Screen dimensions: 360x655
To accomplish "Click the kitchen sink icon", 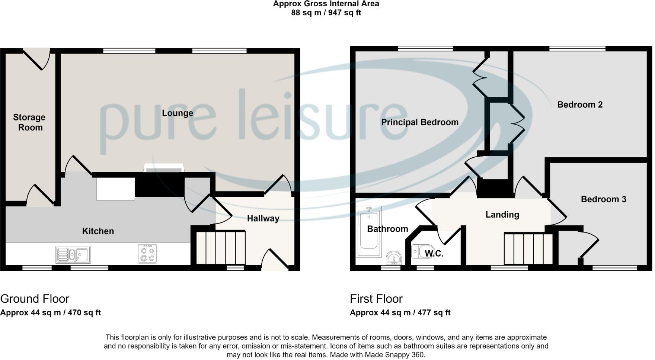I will pos(73,255).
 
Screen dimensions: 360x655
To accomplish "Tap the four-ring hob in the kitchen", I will pos(147,254).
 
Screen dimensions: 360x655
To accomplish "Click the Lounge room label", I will pos(178,113).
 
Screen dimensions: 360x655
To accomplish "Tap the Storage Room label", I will pos(29,122).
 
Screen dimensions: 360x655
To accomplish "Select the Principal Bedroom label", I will pos(419,122).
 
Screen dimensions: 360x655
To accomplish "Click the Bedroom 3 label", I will pos(603,199).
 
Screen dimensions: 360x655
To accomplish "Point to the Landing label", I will pos(502,215).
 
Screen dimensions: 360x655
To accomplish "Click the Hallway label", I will pos(263,218).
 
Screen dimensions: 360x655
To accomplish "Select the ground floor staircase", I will pos(220,247).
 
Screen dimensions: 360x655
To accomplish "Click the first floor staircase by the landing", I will pos(528,248).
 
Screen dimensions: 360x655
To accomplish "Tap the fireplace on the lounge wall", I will pos(164,168).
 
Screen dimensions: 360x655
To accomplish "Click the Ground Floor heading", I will pos(35,299).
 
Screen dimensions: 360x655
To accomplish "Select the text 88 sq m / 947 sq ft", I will pos(326,13).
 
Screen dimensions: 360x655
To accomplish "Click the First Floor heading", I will pos(376,299).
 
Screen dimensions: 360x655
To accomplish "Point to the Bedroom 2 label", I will pos(579,105).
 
